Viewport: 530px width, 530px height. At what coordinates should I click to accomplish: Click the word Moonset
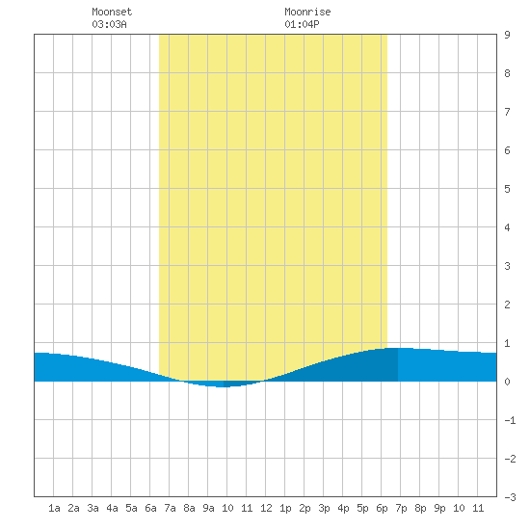tap(112, 12)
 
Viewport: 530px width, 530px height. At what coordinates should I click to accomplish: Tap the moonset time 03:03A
tap(109, 24)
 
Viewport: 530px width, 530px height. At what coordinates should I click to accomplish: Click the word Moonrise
tap(307, 12)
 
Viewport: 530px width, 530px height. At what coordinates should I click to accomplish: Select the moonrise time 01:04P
tap(302, 24)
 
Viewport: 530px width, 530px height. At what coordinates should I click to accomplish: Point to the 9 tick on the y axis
tap(507, 35)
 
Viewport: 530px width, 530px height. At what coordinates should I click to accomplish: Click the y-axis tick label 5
tap(507, 189)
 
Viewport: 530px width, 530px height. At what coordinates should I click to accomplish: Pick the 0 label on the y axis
tap(507, 382)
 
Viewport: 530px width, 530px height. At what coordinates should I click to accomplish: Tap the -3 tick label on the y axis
tap(510, 497)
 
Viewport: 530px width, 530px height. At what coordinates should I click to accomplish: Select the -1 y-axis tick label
tap(510, 420)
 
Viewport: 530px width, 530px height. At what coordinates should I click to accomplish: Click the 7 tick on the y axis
tap(507, 112)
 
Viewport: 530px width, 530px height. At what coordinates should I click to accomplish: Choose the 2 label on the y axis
tap(507, 305)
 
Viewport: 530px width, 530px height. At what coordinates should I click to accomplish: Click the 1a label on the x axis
tap(54, 508)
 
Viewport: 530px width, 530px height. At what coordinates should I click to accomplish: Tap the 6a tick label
tap(150, 508)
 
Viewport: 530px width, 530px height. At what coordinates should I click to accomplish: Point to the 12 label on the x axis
tap(266, 508)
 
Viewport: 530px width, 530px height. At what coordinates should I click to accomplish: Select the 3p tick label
tap(324, 508)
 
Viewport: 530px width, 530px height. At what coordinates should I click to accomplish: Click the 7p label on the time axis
tap(401, 508)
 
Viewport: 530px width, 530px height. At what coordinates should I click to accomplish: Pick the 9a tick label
tap(208, 508)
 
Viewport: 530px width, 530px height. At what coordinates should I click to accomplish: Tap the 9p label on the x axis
tap(439, 508)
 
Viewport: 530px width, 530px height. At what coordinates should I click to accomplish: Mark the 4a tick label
tap(112, 508)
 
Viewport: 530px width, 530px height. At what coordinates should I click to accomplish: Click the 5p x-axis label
tap(362, 508)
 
